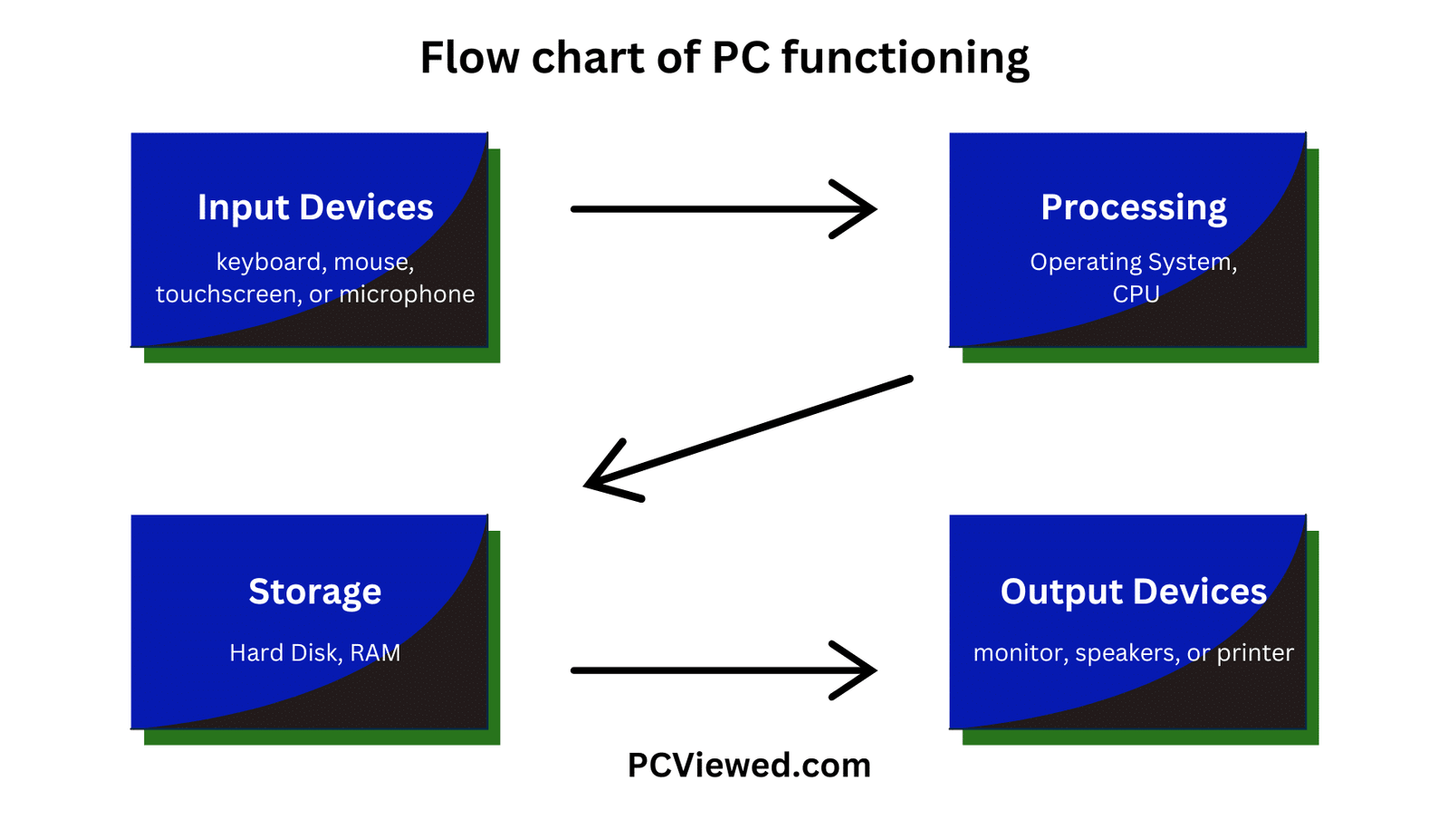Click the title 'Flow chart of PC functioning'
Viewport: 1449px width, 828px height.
(724, 58)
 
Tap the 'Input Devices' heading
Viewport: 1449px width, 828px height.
(315, 207)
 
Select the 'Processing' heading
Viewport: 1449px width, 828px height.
(1134, 207)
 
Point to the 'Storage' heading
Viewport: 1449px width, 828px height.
(315, 592)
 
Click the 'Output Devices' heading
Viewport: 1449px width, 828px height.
(1134, 592)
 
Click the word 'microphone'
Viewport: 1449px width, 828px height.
(407, 294)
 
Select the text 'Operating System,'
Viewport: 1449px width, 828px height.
(1134, 263)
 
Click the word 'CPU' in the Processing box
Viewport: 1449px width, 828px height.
(1136, 294)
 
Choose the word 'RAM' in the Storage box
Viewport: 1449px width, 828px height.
(375, 653)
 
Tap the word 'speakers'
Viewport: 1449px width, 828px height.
(1127, 653)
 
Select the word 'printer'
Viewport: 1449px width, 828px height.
(1255, 653)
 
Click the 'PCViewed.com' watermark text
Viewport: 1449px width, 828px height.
(749, 765)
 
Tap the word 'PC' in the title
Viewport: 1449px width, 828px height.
(740, 58)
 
